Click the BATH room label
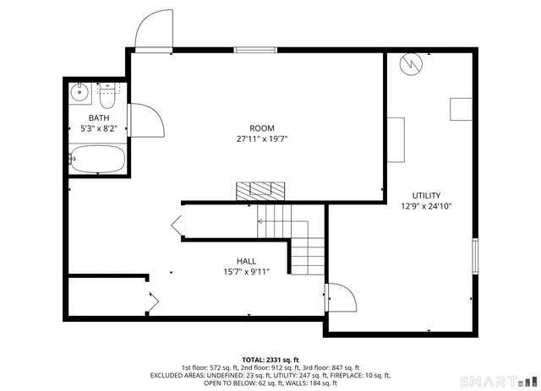pyautogui.click(x=98, y=118)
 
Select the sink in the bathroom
pyautogui.click(x=79, y=90)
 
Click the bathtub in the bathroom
pyautogui.click(x=97, y=159)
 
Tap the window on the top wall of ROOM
pyautogui.click(x=256, y=51)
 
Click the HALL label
pyautogui.click(x=246, y=261)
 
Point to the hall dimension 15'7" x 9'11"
pyautogui.click(x=246, y=272)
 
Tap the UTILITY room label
pyautogui.click(x=426, y=195)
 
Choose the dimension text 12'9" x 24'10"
pyautogui.click(x=426, y=206)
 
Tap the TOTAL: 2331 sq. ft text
pyautogui.click(x=270, y=359)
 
